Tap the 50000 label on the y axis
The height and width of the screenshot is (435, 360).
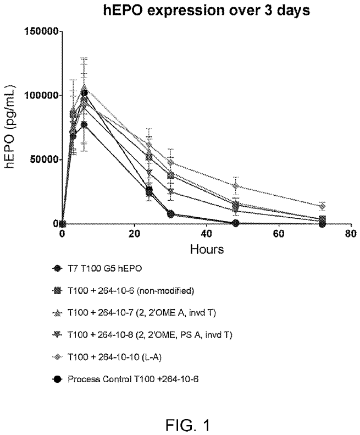(43, 159)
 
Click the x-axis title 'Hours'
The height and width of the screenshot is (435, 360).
(206, 249)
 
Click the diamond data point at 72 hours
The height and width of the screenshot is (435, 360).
(322, 206)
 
